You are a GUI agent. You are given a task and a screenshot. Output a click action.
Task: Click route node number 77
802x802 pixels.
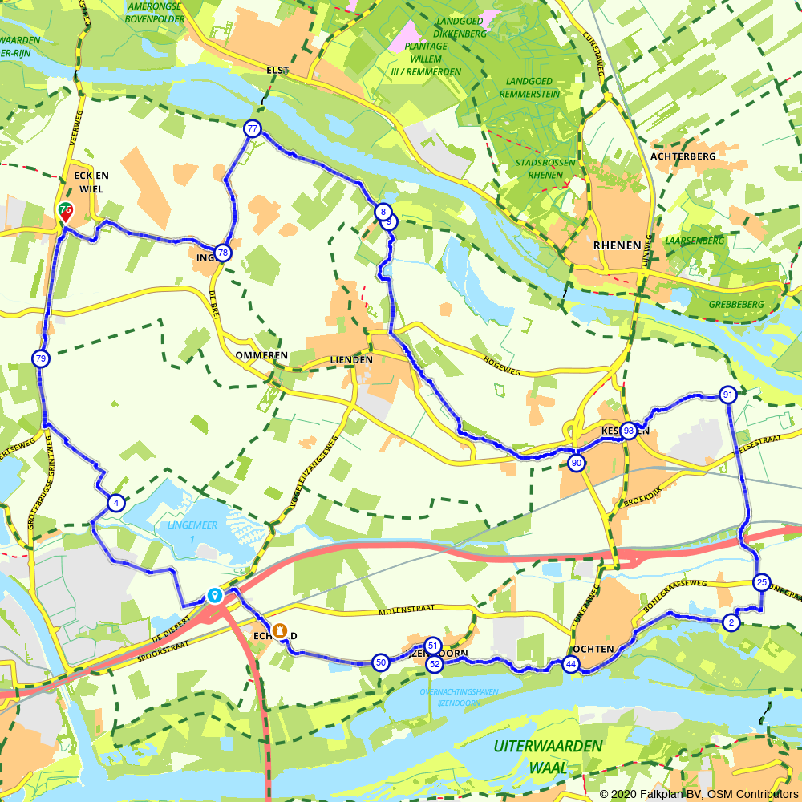(x=253, y=128)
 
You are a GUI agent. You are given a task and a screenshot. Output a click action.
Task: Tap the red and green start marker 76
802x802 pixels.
(x=66, y=211)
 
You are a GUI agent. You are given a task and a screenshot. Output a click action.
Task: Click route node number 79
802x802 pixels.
(x=41, y=358)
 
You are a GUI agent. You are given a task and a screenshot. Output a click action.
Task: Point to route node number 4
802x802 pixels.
(x=116, y=504)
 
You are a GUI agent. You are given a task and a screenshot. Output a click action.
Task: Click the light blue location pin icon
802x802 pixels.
(x=214, y=595)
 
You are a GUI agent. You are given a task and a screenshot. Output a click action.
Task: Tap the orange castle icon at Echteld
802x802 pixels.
(x=280, y=631)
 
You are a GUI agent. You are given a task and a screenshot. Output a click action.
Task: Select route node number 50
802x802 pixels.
(x=381, y=662)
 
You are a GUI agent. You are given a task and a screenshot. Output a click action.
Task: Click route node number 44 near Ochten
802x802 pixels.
(x=570, y=664)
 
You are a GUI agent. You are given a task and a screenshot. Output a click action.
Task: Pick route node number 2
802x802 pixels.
(x=731, y=622)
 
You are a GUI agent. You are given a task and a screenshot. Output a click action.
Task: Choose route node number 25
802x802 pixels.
(x=762, y=582)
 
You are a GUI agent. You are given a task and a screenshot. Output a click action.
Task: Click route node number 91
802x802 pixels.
(x=727, y=395)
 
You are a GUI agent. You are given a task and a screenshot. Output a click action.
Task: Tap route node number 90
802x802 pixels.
(x=576, y=463)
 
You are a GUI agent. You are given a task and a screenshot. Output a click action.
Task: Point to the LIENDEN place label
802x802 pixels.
(x=351, y=360)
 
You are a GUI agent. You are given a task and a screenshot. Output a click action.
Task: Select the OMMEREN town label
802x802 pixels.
(x=261, y=354)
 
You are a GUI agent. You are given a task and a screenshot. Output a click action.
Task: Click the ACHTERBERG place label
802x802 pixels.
(x=683, y=156)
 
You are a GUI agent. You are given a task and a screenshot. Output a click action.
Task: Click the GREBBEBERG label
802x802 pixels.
(x=736, y=305)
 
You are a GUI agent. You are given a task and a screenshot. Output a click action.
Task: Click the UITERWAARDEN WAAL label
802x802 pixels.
(x=548, y=756)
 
